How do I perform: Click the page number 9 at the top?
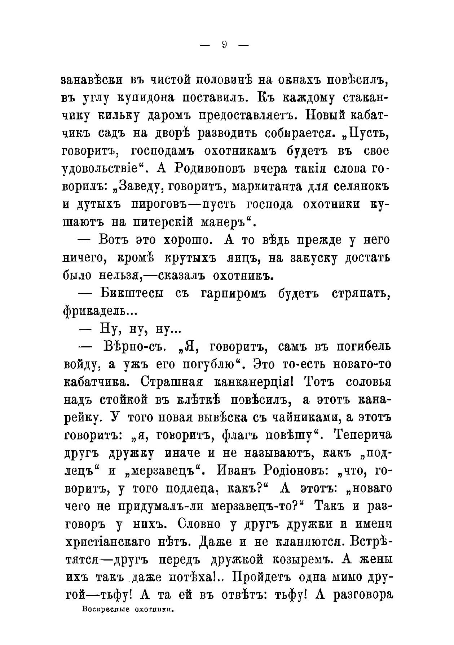point(224,45)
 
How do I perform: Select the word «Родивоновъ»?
point(204,169)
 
